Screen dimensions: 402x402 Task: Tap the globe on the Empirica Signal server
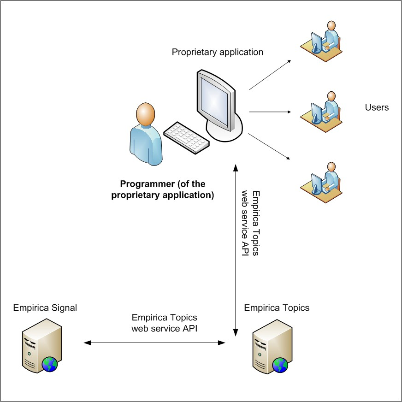point(50,364)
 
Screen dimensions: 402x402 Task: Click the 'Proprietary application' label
point(218,52)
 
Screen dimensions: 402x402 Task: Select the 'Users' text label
point(377,108)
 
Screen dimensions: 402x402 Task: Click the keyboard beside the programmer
point(186,137)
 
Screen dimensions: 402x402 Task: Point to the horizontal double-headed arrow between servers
point(154,343)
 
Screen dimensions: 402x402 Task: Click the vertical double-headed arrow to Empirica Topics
point(236,249)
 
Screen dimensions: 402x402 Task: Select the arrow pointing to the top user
point(270,74)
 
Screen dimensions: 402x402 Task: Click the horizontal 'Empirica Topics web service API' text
point(165,323)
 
